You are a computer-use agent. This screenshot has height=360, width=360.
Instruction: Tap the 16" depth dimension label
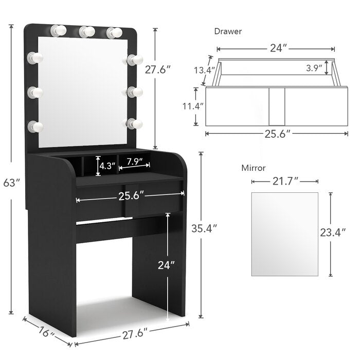(x=47, y=334)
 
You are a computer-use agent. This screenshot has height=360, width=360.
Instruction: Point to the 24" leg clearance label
(x=166, y=265)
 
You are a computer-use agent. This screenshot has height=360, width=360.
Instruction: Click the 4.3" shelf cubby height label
(x=107, y=166)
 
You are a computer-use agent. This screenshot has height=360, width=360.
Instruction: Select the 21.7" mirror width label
(x=285, y=182)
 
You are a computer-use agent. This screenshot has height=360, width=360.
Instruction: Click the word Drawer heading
(x=228, y=31)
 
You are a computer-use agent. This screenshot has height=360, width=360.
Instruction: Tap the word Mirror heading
(x=254, y=168)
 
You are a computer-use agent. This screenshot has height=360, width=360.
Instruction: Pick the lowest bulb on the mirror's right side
(x=134, y=124)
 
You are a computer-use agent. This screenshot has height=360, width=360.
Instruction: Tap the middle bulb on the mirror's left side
(x=35, y=93)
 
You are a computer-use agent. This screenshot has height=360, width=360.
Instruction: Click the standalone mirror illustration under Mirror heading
(x=284, y=234)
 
